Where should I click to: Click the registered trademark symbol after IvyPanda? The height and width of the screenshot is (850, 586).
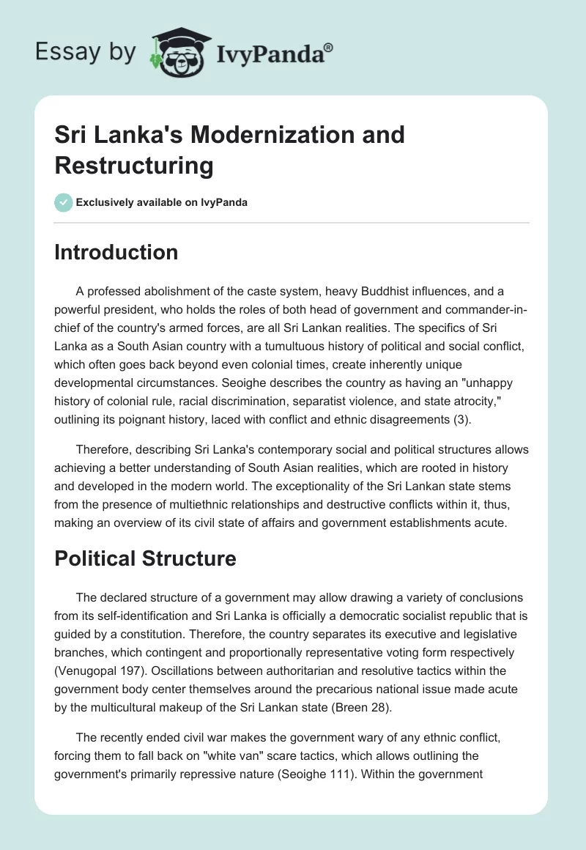[x=329, y=47]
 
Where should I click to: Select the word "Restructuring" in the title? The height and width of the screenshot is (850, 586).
[x=133, y=166]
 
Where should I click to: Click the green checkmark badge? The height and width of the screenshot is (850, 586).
[x=64, y=202]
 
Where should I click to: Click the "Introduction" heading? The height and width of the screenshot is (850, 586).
[x=116, y=252]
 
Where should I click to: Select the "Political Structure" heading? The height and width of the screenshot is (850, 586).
[x=145, y=558]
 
